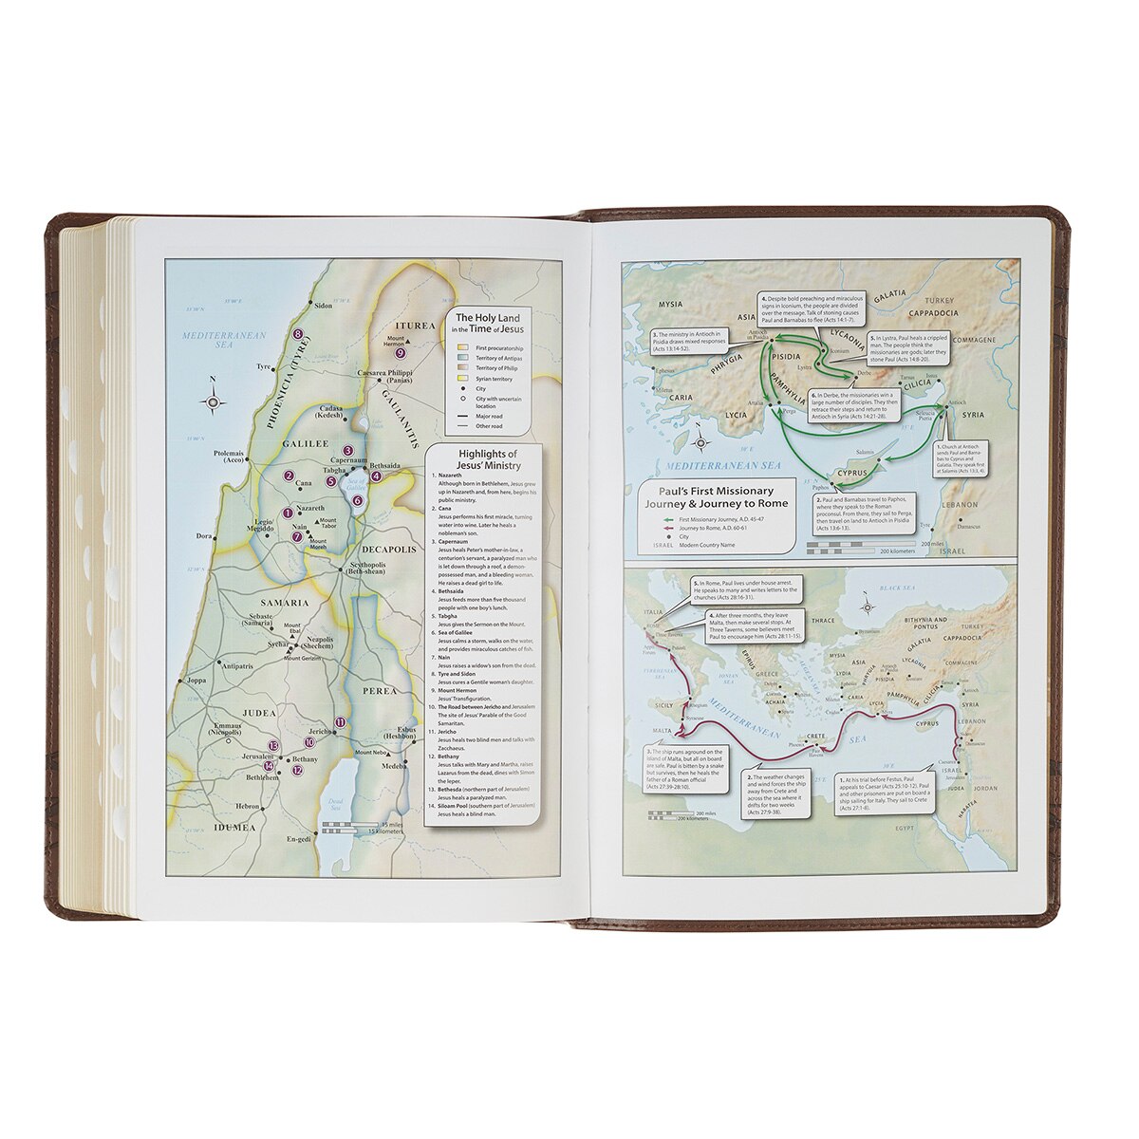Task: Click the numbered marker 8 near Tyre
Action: (x=297, y=333)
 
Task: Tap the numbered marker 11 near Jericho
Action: (x=341, y=722)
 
